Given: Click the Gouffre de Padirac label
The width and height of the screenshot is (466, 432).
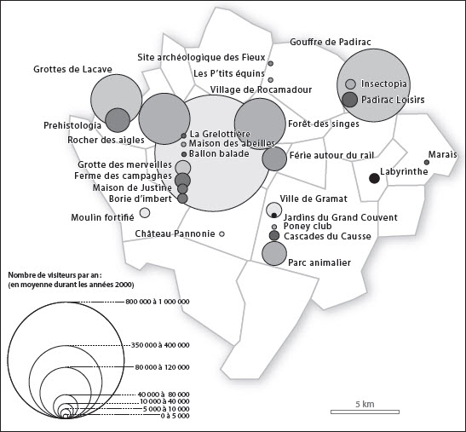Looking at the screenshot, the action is coord(331,42).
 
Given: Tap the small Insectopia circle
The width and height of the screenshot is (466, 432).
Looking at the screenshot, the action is coord(351,84).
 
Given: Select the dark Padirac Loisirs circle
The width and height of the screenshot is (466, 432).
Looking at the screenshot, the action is coord(349,100).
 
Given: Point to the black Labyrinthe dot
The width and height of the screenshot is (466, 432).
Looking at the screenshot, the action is coord(374,178).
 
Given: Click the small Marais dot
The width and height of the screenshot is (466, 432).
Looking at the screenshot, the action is coord(427,163).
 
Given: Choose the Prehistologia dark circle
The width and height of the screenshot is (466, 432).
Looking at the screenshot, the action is coord(118,120).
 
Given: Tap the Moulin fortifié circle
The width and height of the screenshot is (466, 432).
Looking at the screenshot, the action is coord(145,212).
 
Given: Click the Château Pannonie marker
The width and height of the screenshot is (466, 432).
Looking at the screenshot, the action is coord(221,234).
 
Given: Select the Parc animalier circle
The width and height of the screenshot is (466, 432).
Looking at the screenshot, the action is coord(274,253).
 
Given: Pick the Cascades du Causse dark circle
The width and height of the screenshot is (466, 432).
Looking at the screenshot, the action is coord(274,235).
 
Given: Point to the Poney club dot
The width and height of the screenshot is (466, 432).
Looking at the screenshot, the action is coord(274,227).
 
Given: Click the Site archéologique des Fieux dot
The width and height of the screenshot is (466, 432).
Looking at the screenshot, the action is coord(270,63).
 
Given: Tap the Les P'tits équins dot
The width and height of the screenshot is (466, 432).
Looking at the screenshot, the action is coord(270,80).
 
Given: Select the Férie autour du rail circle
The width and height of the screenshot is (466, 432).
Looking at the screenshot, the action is coord(274,158).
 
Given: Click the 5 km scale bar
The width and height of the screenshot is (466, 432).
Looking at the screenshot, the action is coord(365,412).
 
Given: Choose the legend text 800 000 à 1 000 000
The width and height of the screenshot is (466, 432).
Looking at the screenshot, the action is coord(158,302).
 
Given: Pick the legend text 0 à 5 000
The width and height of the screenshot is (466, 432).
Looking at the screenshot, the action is coord(175,416).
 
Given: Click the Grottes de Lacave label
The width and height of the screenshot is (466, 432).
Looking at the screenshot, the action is coord(72,69).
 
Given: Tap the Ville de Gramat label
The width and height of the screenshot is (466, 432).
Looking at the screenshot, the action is coord(314,199).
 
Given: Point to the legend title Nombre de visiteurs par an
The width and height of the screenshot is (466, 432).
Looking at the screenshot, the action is coord(57,274).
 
